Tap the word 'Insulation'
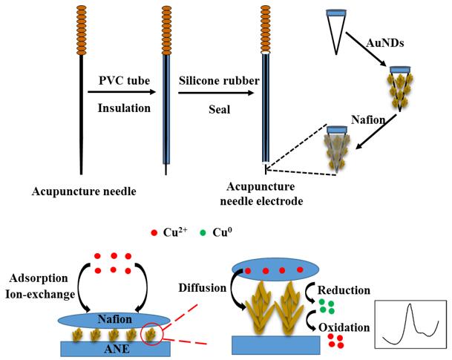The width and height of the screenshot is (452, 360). (x=121, y=108)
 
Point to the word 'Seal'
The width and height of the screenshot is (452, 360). (x=199, y=108)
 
